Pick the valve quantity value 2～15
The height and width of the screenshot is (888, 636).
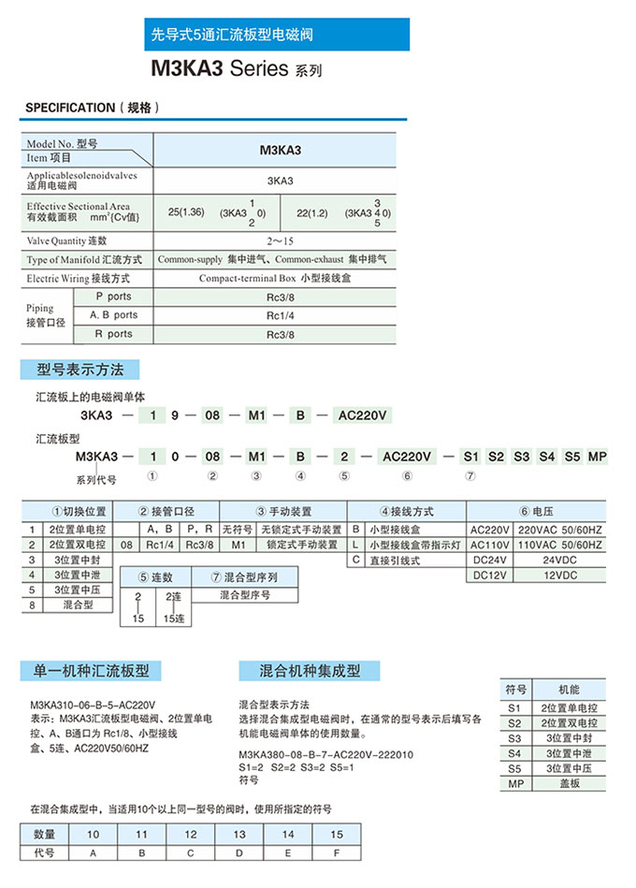tap(279, 240)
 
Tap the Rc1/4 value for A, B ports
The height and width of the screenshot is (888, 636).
tap(279, 315)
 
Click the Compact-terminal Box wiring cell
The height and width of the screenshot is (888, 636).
tap(279, 278)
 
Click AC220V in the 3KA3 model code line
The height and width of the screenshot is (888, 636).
tap(360, 415)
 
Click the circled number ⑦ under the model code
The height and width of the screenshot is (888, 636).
tap(470, 476)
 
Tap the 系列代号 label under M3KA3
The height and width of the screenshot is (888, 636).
tap(96, 479)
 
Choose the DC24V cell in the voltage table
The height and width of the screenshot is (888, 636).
tap(490, 560)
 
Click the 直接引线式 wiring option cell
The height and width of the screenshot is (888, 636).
tap(395, 560)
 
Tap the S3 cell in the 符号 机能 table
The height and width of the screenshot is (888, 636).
tap(514, 738)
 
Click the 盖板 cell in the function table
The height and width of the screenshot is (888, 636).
tap(571, 783)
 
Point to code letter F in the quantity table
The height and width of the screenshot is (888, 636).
tap(337, 852)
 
